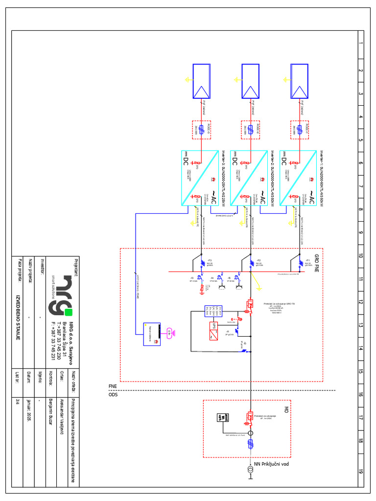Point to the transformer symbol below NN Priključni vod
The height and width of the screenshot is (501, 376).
tap(250, 471)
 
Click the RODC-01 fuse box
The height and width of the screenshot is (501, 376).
tap(299, 130)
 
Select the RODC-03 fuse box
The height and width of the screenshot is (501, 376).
tap(201, 130)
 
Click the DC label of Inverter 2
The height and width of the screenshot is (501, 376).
tap(235, 160)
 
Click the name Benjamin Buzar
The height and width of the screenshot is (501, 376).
tap(50, 410)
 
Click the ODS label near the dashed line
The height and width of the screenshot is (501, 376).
tap(113, 394)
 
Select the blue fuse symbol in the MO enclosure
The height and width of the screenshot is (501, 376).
tap(250, 444)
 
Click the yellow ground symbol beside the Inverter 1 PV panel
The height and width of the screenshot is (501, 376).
tap(285, 79)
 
